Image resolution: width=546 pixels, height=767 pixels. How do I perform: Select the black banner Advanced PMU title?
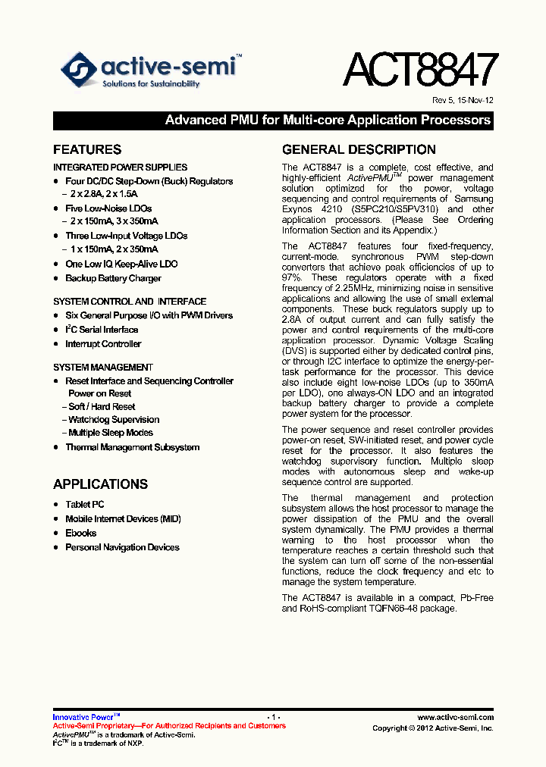tap(328, 121)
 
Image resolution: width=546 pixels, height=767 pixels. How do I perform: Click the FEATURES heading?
tap(87, 150)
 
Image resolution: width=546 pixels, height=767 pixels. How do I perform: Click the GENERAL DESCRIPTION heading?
tap(359, 150)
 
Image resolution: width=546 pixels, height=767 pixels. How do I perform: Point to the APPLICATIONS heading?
tap(100, 484)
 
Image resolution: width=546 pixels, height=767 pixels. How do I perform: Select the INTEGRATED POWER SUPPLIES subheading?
tap(120, 167)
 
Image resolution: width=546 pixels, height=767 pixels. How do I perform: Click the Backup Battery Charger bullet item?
tap(113, 278)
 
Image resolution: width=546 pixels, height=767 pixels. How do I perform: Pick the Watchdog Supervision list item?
tap(114, 420)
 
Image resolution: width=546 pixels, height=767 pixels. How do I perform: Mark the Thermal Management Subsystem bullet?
tap(132, 447)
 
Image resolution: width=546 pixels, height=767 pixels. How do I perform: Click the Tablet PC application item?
tap(85, 504)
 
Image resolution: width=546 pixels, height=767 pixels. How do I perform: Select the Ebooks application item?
tap(81, 533)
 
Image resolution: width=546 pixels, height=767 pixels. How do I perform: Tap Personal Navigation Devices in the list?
tap(122, 547)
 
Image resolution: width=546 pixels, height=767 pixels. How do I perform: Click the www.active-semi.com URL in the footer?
tap(455, 717)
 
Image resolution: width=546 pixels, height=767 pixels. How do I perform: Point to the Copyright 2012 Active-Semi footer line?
tap(432, 728)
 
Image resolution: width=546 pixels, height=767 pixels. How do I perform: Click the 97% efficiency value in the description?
tap(292, 278)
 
